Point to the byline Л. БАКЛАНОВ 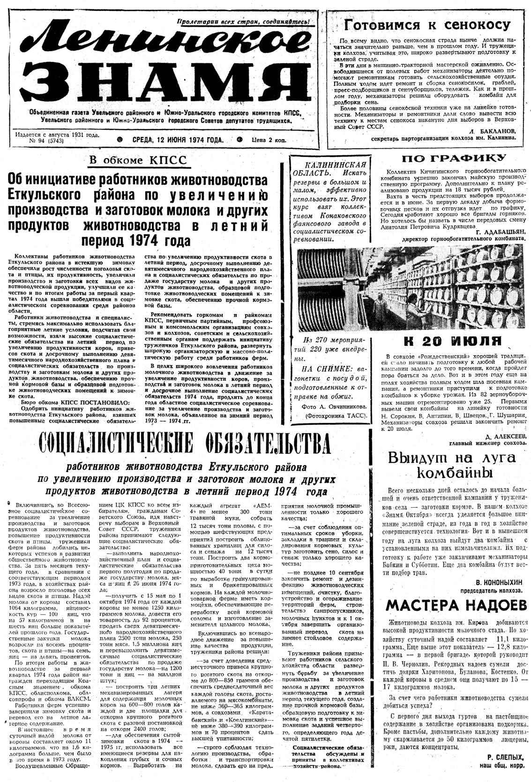(493, 131)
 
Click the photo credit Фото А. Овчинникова (332, 404)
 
